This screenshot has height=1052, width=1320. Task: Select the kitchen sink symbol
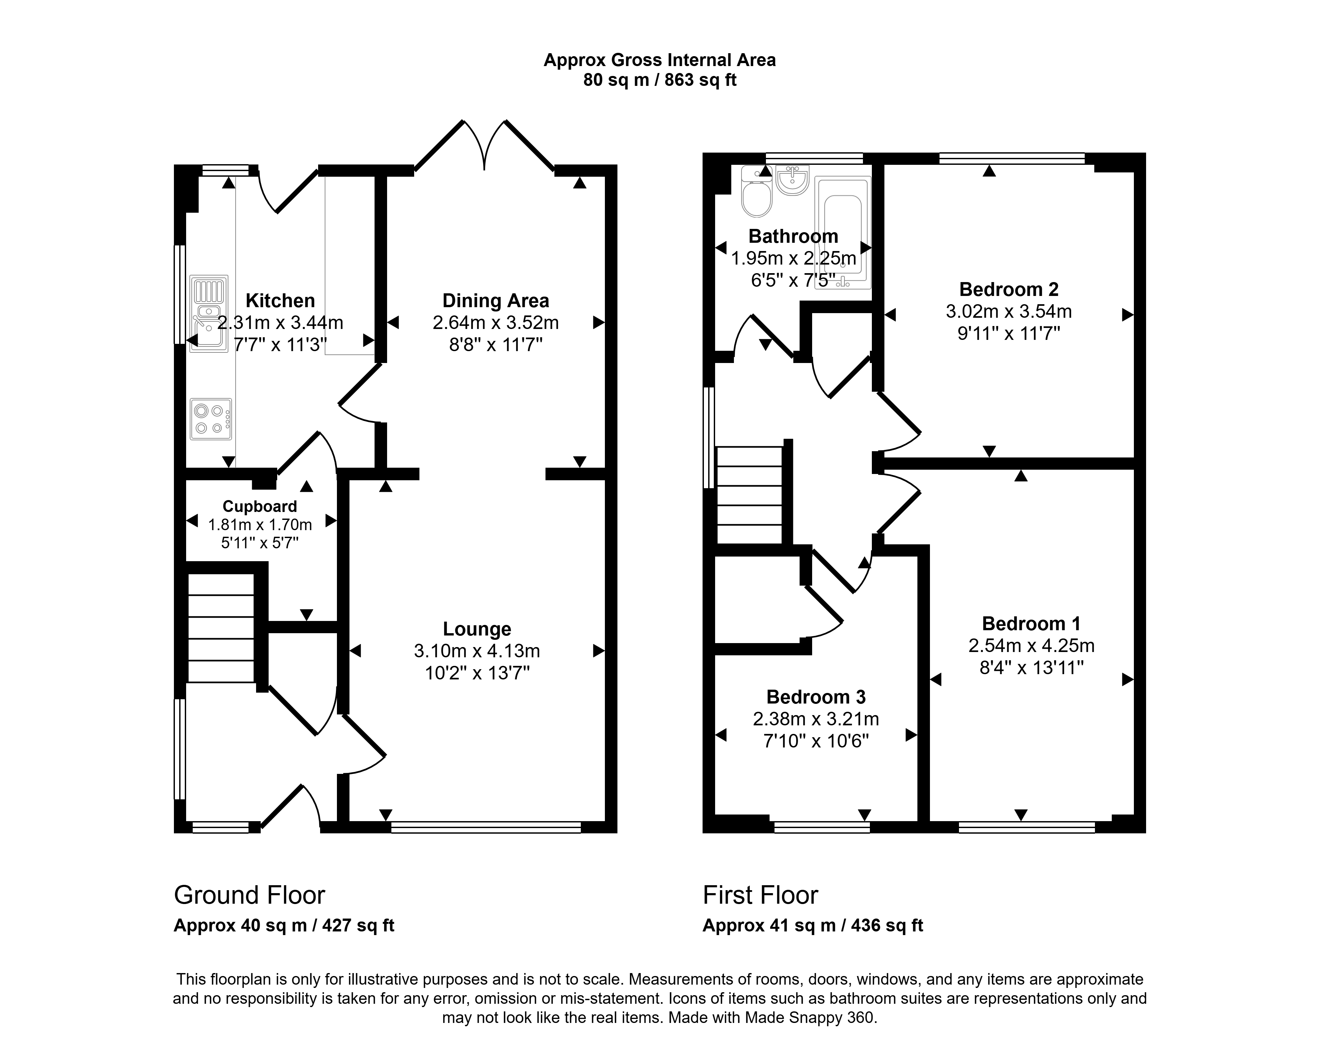[209, 314]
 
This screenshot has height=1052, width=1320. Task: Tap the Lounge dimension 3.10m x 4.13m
[477, 651]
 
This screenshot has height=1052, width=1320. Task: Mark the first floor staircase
[750, 495]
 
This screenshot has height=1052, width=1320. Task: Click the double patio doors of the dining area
[485, 146]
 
